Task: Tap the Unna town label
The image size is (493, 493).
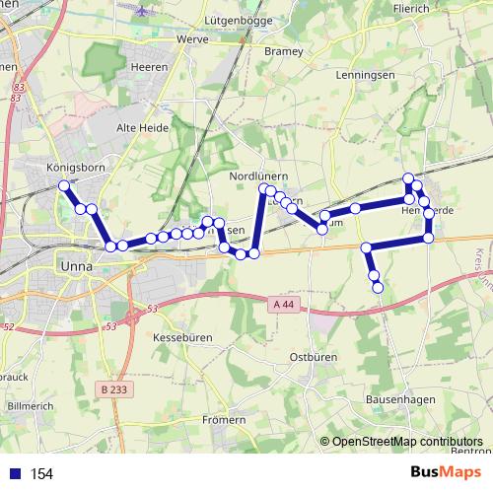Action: point(75,265)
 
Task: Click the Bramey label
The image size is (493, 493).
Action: point(284,52)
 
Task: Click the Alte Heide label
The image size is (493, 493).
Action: point(144,127)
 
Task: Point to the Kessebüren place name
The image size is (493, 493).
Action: point(178,337)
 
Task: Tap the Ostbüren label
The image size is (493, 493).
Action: point(316,356)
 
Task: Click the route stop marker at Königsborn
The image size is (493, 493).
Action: point(63,185)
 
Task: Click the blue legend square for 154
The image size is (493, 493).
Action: point(16,474)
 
